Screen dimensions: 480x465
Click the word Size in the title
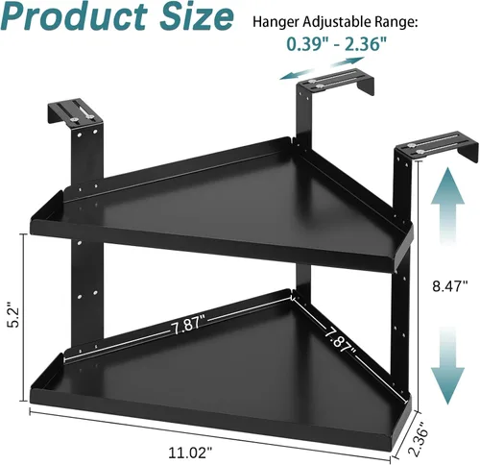[x=197, y=16]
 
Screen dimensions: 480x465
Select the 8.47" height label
[x=450, y=285]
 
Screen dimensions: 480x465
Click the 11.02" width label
[x=190, y=453]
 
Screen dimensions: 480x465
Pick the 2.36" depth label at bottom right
[x=420, y=439]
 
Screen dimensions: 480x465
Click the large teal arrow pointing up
[x=447, y=207]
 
